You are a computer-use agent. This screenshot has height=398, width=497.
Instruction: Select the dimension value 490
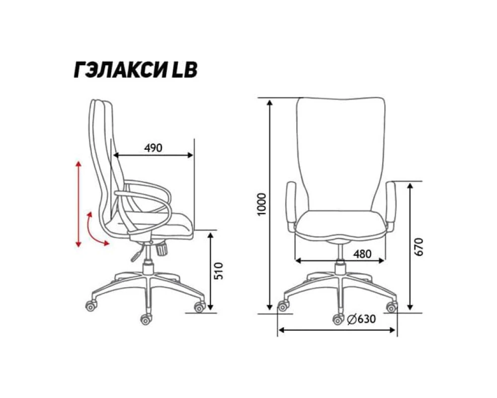[x=153, y=148]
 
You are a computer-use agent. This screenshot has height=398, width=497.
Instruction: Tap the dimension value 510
[x=219, y=271]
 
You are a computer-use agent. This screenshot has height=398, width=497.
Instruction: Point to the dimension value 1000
[x=261, y=204]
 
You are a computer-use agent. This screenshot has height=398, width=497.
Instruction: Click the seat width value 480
[x=362, y=254]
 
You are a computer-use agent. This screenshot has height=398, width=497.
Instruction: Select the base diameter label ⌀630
[x=361, y=319]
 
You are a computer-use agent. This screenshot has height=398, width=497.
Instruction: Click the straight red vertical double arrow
[x=79, y=204]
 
